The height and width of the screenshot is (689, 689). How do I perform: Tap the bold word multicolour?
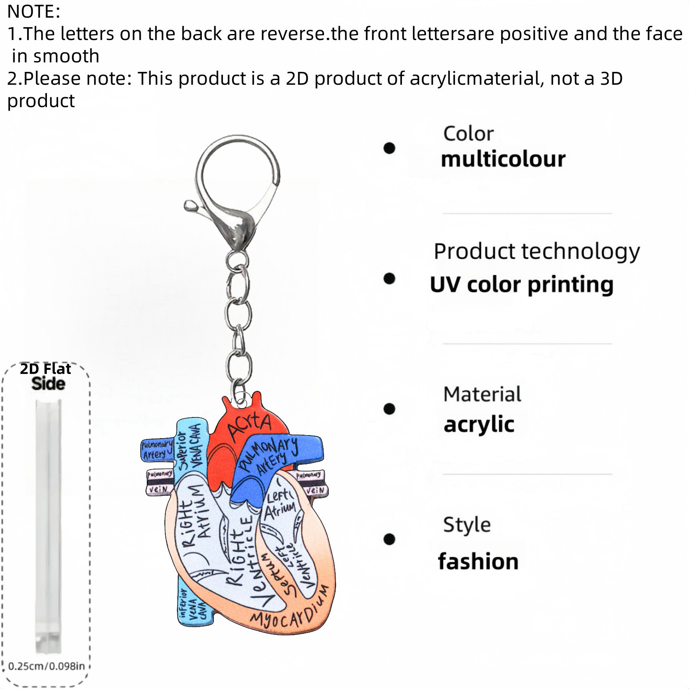(x=503, y=159)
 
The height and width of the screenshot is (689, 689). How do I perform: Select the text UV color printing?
(x=522, y=284)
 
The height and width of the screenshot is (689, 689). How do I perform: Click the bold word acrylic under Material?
(x=479, y=424)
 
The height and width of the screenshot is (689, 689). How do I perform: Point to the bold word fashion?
(x=478, y=561)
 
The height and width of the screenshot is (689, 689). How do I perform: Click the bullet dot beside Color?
(x=389, y=148)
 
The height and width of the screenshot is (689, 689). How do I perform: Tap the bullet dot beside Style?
(x=389, y=539)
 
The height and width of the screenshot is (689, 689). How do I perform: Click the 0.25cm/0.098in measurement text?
(x=46, y=666)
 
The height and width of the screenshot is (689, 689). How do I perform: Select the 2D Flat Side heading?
(x=46, y=376)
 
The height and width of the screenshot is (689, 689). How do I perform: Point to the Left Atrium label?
(x=279, y=504)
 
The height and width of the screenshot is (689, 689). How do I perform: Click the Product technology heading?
(x=536, y=251)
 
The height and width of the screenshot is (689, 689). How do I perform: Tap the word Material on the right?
(x=482, y=394)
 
